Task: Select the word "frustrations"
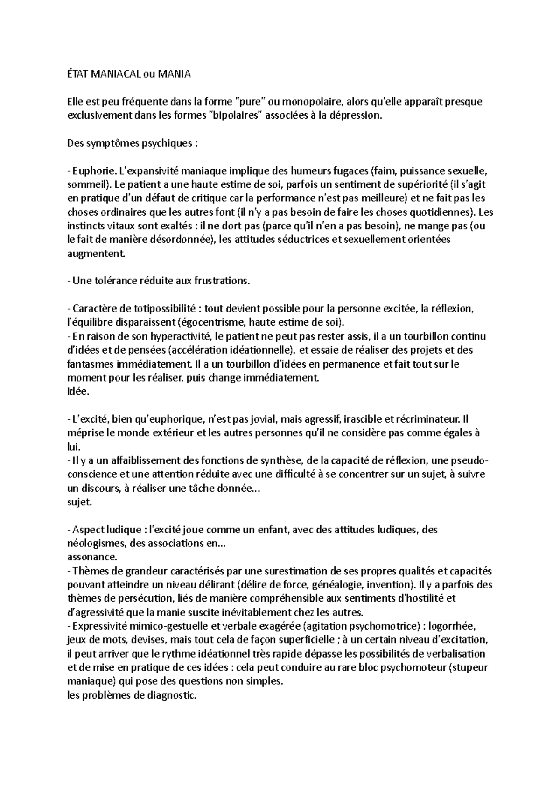point(222,281)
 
